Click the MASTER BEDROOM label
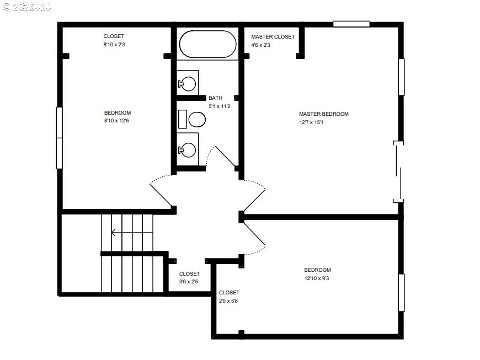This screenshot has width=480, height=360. [324, 114]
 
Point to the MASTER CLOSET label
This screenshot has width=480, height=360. [273, 37]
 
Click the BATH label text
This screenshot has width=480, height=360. [215, 98]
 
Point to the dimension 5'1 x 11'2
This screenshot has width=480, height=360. [219, 106]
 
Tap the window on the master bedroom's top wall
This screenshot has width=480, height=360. [351, 24]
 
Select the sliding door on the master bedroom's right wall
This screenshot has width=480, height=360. [399, 171]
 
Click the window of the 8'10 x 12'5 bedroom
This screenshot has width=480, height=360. [59, 138]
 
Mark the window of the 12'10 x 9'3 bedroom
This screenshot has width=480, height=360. [401, 293]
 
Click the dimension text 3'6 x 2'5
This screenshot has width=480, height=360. [189, 282]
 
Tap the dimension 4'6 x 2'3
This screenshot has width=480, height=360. [260, 45]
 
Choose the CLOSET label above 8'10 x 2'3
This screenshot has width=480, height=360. [114, 36]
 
